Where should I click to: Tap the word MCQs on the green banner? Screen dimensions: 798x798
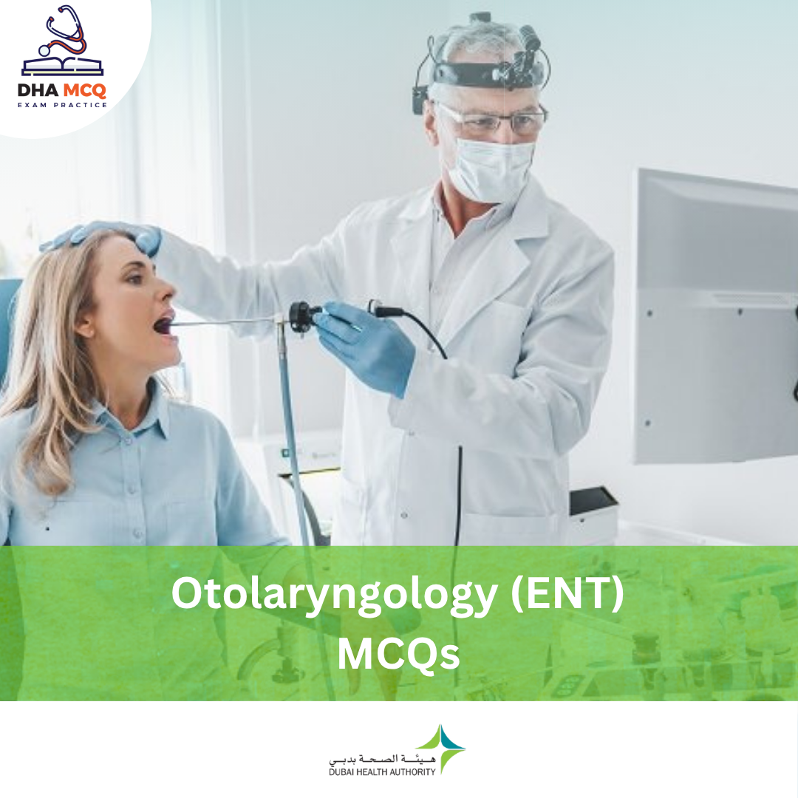click(x=398, y=655)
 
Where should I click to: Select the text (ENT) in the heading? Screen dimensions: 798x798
click(x=567, y=594)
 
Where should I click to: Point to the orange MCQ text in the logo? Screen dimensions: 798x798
click(x=84, y=91)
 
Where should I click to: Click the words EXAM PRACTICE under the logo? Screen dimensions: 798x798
click(x=62, y=105)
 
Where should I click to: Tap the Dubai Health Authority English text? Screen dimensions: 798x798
click(x=382, y=772)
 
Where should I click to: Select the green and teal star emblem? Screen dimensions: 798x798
click(x=443, y=748)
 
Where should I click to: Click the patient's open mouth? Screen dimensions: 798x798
click(x=164, y=324)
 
